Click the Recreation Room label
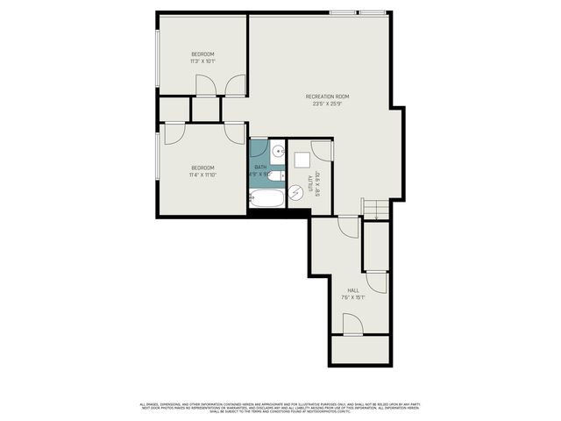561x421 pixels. (x=328, y=96)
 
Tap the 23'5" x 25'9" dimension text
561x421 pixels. (x=328, y=103)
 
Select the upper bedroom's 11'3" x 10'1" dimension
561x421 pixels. (x=202, y=61)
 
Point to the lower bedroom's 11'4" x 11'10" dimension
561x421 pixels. (x=202, y=175)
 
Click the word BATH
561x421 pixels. (x=260, y=167)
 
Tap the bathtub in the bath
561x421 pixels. (x=267, y=198)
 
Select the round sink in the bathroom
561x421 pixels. (x=277, y=150)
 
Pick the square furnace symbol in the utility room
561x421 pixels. (x=302, y=160)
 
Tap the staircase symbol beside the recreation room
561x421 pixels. (x=374, y=208)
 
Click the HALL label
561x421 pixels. (x=353, y=290)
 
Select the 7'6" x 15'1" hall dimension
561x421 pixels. (x=353, y=297)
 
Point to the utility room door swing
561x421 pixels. (x=323, y=149)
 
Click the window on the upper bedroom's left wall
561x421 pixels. (x=158, y=57)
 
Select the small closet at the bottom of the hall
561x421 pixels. (x=359, y=350)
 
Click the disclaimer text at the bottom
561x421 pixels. (x=280, y=407)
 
